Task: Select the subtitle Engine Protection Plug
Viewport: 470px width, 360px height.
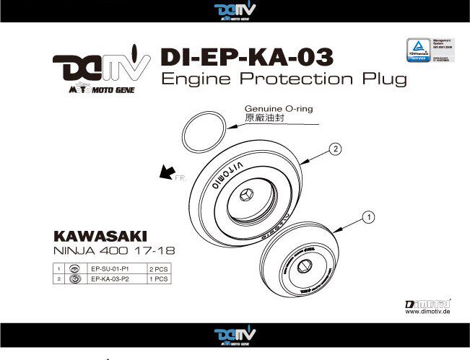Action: (284, 79)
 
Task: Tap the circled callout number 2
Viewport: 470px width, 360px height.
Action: (335, 149)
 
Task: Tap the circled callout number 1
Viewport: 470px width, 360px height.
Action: (367, 216)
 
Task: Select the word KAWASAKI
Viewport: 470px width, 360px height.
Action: (100, 237)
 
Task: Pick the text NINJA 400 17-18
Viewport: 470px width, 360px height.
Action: (114, 252)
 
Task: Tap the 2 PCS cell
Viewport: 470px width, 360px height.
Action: (157, 268)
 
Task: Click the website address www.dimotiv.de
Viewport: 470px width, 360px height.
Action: (430, 312)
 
